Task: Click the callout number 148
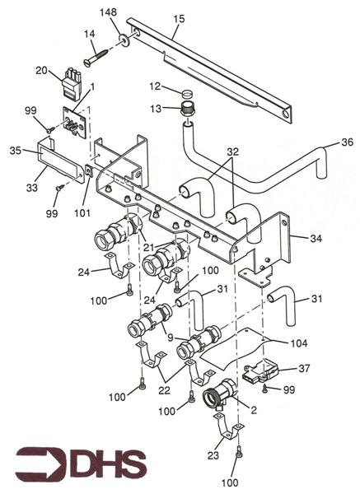(108, 12)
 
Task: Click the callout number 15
(179, 19)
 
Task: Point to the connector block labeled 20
(71, 84)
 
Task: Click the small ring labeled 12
(187, 93)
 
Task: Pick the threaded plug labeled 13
(187, 109)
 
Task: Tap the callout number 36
(348, 142)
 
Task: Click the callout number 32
(232, 151)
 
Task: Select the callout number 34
(316, 239)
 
